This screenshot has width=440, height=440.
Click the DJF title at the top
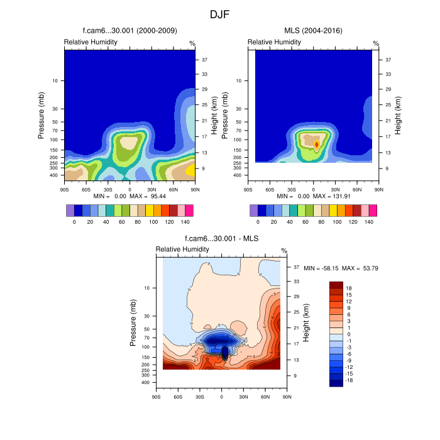click(x=220, y=13)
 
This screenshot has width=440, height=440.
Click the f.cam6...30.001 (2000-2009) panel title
click(x=130, y=30)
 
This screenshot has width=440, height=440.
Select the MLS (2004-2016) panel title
click(x=312, y=30)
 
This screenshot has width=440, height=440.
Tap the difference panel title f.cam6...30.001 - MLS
click(x=221, y=239)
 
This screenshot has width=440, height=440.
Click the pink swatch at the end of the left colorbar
click(x=189, y=210)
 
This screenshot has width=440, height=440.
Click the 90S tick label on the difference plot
click(x=157, y=397)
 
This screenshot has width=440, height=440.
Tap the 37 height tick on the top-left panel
click(x=204, y=60)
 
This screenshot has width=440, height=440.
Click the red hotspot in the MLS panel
click(x=317, y=144)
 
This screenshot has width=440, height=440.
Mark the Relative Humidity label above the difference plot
click(x=181, y=250)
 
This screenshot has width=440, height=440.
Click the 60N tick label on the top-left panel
click(x=173, y=189)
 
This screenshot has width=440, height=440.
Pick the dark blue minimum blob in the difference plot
click(x=224, y=349)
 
